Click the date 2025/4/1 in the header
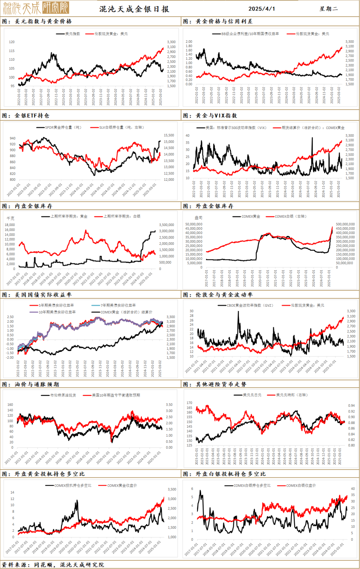(x=262, y=9)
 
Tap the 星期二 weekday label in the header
(x=328, y=9)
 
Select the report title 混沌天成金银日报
(x=134, y=9)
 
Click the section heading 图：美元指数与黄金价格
(x=37, y=21)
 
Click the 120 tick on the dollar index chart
(x=12, y=42)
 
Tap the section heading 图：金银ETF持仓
(x=26, y=116)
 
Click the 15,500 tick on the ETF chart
(x=169, y=135)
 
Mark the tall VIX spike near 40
(x=312, y=138)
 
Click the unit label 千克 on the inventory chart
(x=11, y=218)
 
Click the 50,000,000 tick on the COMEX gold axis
(x=194, y=224)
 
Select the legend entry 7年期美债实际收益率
(x=118, y=305)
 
